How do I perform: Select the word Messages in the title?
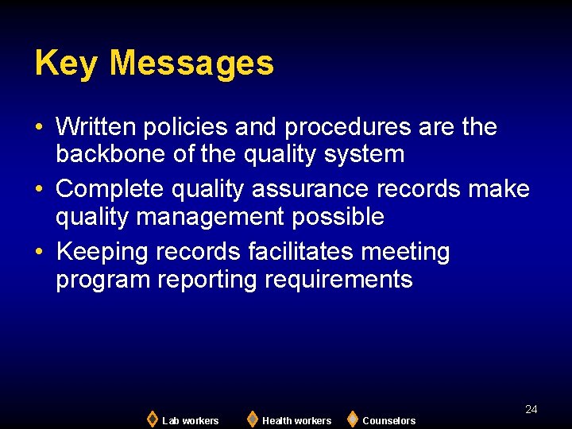coord(191,64)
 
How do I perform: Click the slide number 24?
coord(531,409)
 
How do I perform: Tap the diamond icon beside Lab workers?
coord(152,419)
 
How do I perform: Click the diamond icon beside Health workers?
coord(252,419)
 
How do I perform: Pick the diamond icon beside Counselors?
coord(352,419)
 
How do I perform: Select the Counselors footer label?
coord(388,420)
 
